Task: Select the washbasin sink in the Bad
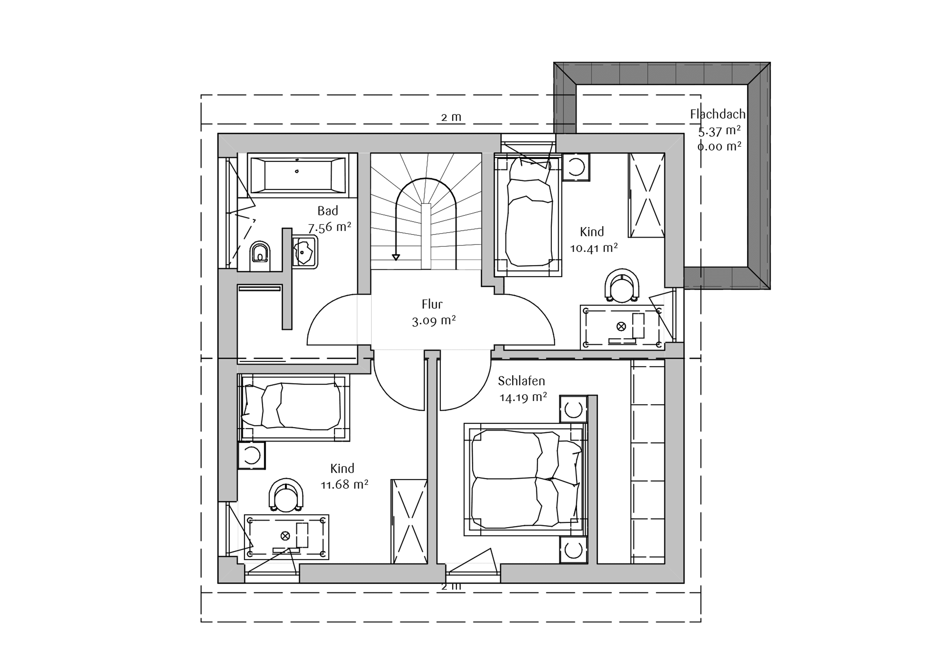(x=305, y=252)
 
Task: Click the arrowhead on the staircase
(x=395, y=257)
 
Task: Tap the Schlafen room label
(x=521, y=381)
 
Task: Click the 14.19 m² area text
(x=523, y=398)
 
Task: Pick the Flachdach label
(x=718, y=114)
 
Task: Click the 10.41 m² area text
(x=594, y=248)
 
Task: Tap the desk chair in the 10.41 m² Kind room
(x=622, y=286)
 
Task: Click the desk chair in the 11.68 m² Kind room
(x=286, y=495)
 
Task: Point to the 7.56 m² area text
(x=330, y=227)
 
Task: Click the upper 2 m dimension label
(x=451, y=117)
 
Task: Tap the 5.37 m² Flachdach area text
(x=719, y=131)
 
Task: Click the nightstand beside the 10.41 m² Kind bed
(x=576, y=167)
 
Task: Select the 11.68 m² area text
(x=344, y=485)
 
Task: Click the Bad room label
(x=328, y=211)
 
